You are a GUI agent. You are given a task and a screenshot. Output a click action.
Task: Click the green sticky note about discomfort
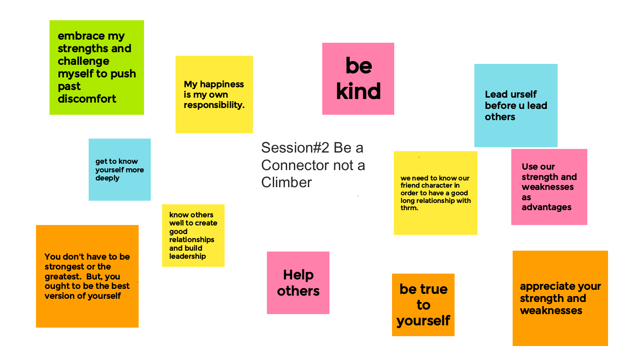point(97,67)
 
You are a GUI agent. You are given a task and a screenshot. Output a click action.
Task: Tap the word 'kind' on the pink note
point(358,91)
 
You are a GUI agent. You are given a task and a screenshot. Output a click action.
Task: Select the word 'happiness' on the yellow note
point(222,85)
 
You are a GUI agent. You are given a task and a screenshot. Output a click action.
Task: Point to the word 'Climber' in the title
point(286,182)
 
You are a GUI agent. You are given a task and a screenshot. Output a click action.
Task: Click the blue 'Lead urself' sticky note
point(516,105)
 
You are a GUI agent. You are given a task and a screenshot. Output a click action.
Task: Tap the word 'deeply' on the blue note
point(108,178)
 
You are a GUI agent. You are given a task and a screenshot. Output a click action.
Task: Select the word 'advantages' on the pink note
point(546,207)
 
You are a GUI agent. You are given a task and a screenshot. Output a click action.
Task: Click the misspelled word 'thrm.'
point(409,208)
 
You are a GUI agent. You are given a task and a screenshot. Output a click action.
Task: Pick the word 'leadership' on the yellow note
point(187,256)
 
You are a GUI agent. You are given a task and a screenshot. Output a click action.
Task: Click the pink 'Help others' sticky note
point(298,283)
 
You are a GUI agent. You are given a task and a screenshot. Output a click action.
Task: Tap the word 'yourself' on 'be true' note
point(423,321)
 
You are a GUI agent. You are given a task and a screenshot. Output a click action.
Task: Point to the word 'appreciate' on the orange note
point(545,286)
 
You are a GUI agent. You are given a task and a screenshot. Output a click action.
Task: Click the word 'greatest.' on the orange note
point(63,277)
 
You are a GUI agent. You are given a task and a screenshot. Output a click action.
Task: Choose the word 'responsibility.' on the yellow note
point(214,105)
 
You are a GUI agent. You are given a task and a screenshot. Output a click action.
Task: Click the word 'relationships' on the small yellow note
point(192,240)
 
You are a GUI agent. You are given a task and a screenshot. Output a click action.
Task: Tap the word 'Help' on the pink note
point(298,275)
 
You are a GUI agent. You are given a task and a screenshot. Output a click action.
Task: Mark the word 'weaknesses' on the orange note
point(551,310)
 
